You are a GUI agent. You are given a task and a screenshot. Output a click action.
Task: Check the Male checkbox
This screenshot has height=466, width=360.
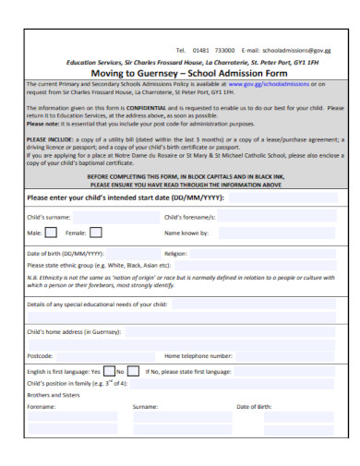pyautogui.click(x=50, y=258)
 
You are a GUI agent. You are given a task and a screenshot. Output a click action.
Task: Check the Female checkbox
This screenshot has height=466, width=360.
pyautogui.click(x=95, y=258)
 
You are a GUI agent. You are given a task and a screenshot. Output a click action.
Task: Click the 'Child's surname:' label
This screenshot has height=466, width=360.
pyautogui.click(x=52, y=243)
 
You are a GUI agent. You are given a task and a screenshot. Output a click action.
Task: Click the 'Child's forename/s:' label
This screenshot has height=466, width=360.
pyautogui.click(x=190, y=243)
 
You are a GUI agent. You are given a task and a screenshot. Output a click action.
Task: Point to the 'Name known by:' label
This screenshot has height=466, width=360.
pyautogui.click(x=188, y=259)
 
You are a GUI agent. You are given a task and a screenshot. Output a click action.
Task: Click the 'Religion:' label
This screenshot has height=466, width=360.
pyautogui.click(x=176, y=278)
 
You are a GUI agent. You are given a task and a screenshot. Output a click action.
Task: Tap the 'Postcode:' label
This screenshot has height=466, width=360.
pyautogui.click(x=40, y=354)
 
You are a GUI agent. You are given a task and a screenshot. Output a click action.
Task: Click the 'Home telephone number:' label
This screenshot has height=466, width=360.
pyautogui.click(x=198, y=354)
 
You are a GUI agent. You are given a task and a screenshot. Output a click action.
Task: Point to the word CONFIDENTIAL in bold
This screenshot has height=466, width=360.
pyautogui.click(x=143, y=107)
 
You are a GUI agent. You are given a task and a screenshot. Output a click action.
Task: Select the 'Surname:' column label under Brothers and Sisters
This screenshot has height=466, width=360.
pyautogui.click(x=145, y=405)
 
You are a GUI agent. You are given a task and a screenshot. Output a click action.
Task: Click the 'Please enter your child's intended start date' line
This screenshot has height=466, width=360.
pyautogui.click(x=126, y=222)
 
